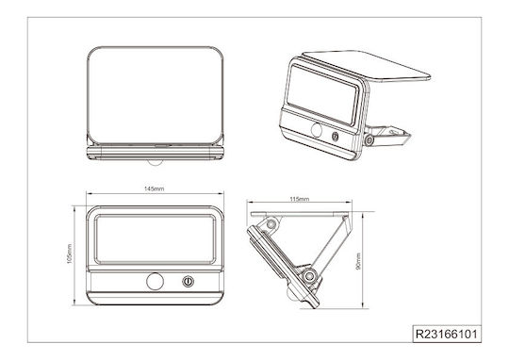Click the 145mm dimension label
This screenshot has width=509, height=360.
point(155,188)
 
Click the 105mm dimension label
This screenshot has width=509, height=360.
point(70,254)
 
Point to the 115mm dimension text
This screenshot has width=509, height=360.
point(300,199)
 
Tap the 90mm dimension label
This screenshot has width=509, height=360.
point(358,261)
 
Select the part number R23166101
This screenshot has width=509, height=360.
point(447,334)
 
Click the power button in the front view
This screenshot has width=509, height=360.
point(188,282)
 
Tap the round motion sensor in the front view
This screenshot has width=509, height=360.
point(155,282)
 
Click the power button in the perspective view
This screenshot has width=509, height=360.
point(335,137)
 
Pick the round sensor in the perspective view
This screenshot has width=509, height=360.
point(317,130)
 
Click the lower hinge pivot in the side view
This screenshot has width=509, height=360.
point(309,276)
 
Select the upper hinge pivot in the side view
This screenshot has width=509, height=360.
point(271,224)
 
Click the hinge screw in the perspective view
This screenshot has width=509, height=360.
point(369,140)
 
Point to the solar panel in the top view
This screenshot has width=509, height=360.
point(156,95)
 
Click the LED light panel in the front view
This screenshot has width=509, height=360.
point(155,239)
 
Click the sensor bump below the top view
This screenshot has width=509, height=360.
point(156,162)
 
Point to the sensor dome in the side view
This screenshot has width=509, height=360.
point(291,294)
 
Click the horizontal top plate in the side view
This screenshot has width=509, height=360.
point(300,214)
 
